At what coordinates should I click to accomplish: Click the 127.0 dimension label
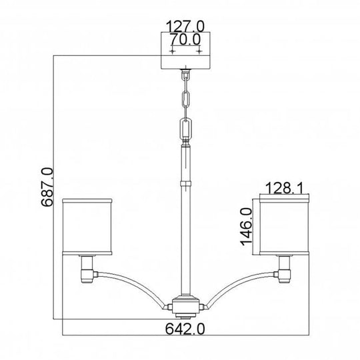[185, 27]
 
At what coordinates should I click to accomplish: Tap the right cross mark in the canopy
[198, 52]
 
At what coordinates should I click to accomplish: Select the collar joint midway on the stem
[185, 181]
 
